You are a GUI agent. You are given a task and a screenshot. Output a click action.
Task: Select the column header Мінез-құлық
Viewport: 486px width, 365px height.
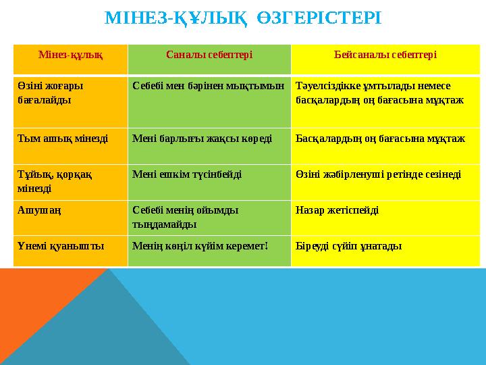(71, 54)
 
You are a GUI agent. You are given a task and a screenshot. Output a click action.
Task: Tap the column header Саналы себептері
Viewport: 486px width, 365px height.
(209, 54)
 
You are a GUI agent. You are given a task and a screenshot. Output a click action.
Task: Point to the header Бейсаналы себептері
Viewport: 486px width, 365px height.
(385, 54)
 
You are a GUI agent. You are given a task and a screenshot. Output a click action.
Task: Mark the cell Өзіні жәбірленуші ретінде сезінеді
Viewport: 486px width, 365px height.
(379, 174)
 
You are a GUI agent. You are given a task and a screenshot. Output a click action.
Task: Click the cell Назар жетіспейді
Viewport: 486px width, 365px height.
(337, 210)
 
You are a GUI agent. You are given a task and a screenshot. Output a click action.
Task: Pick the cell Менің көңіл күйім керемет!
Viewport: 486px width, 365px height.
(200, 245)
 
